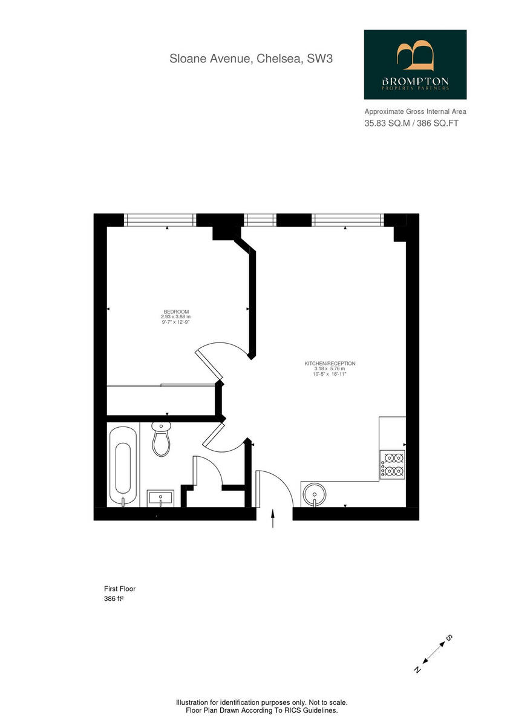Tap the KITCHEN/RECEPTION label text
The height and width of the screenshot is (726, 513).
[330, 364]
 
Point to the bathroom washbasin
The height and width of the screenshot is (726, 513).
[160, 499]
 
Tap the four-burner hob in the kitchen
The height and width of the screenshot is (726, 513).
[393, 464]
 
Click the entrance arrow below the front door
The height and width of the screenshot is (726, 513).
[273, 520]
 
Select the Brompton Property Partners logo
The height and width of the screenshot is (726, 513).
[415, 65]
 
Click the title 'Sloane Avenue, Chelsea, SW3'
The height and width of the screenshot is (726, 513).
[251, 59]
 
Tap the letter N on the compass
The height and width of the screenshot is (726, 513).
[417, 669]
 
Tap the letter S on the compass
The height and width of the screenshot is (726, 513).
[449, 638]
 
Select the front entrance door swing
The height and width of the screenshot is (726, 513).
[275, 484]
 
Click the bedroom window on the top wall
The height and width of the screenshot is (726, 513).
[160, 220]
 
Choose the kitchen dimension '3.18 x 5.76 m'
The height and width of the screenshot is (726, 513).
[330, 369]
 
